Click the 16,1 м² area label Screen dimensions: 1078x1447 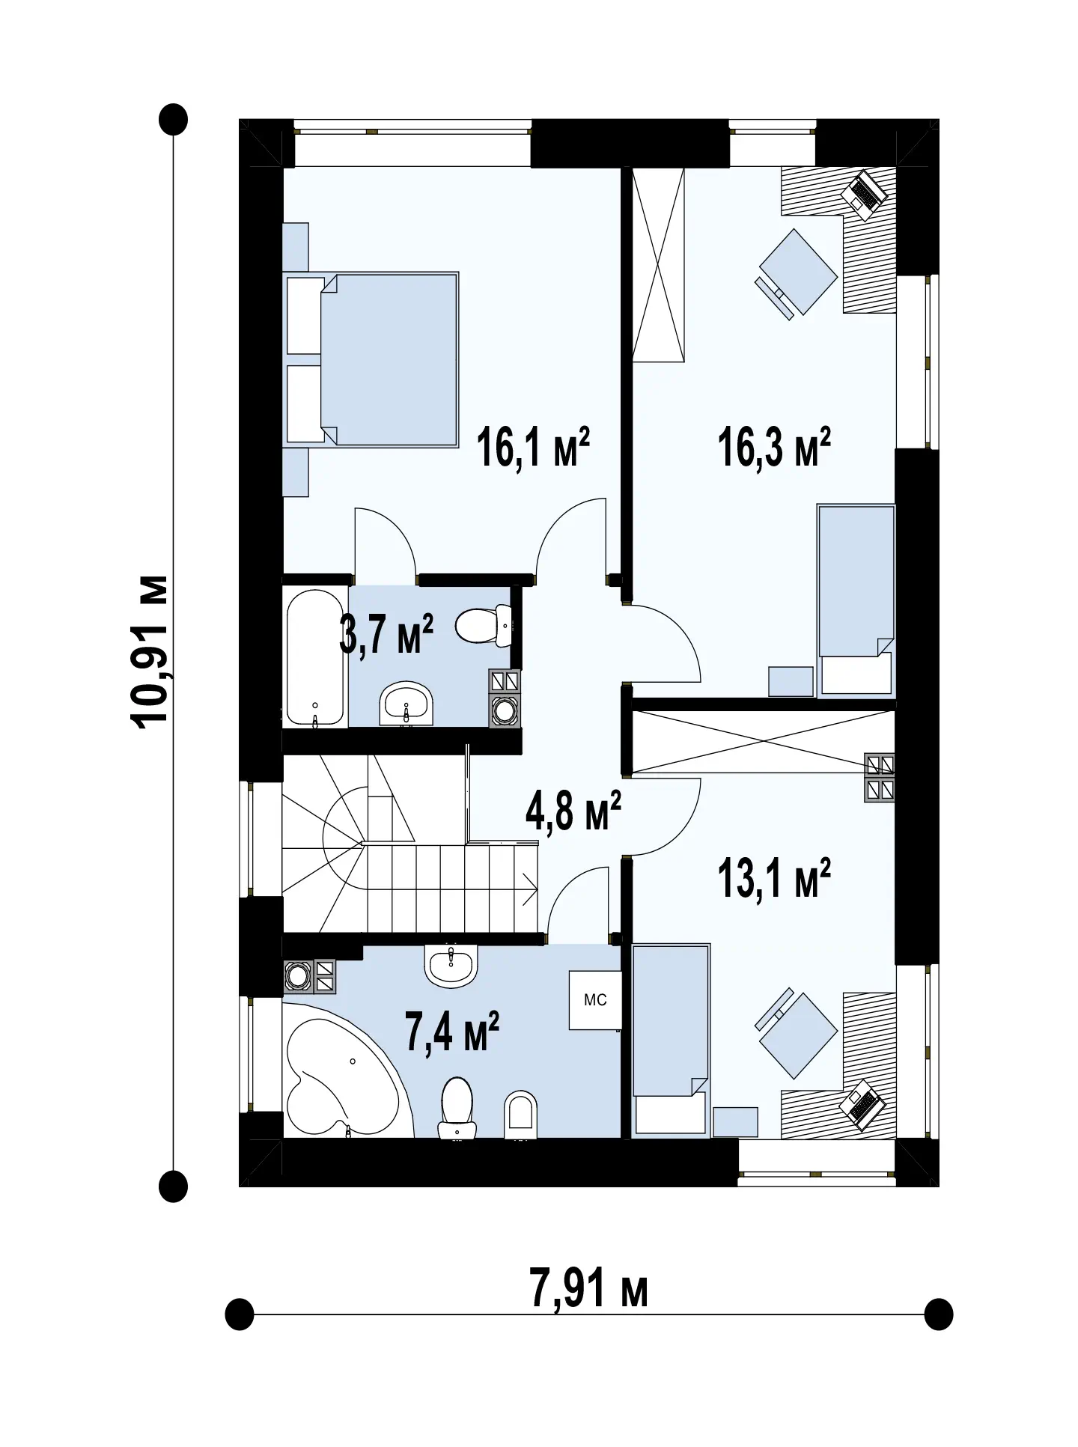click(533, 448)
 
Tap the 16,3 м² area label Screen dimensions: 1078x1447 click(774, 448)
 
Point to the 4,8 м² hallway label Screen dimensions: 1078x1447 click(573, 811)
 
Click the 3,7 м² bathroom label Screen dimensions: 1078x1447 click(386, 633)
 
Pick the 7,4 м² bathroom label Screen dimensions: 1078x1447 click(451, 1032)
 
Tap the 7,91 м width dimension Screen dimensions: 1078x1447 click(588, 1288)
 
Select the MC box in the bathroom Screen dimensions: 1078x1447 click(595, 1000)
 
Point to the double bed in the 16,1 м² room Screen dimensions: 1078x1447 click(372, 359)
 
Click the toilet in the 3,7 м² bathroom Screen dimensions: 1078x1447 click(484, 626)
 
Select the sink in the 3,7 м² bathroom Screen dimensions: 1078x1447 click(406, 704)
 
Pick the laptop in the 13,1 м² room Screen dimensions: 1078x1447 click(864, 1106)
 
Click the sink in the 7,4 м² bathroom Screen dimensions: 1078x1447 click(451, 966)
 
